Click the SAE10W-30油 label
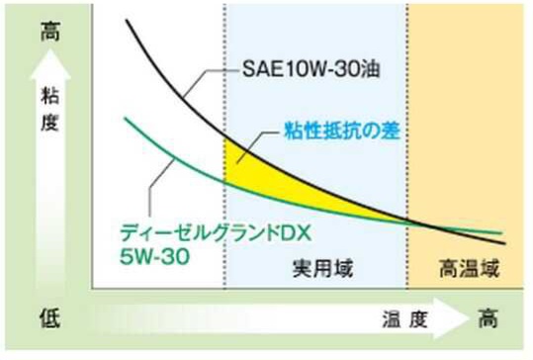pyautogui.click(x=311, y=69)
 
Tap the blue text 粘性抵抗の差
pyautogui.click(x=342, y=131)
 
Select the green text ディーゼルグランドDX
pyautogui.click(x=216, y=233)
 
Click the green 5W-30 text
pyautogui.click(x=154, y=256)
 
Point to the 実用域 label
pyautogui.click(x=322, y=268)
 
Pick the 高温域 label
pyautogui.click(x=469, y=268)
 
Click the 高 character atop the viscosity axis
pyautogui.click(x=50, y=32)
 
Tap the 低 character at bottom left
pyautogui.click(x=50, y=318)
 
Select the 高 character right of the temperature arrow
pyautogui.click(x=489, y=318)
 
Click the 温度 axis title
pyautogui.click(x=404, y=319)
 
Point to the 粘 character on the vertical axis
pyautogui.click(x=50, y=96)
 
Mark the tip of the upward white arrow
pyautogui.click(x=50, y=49)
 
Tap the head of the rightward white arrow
pyautogui.click(x=469, y=318)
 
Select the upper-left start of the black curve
pyautogui.click(x=127, y=20)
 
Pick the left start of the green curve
pyautogui.click(x=125, y=119)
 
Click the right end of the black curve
pyautogui.click(x=505, y=243)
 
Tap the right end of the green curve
pyautogui.click(x=501, y=233)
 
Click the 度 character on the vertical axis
pyautogui.click(x=50, y=123)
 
